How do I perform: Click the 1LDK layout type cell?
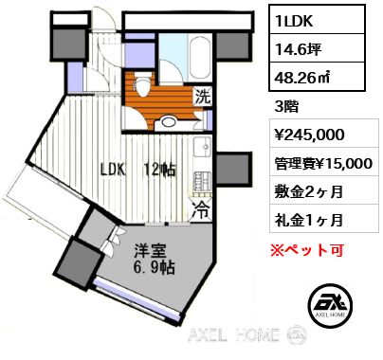pos(317,20)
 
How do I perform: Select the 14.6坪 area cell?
pos(317,48)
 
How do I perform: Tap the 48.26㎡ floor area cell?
pos(317,77)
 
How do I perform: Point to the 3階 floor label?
pos(286,107)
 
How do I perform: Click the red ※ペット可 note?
pos(307,250)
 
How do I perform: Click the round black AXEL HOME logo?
pos(330,305)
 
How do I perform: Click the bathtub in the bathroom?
pos(199,58)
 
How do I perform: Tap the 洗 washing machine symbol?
pos(202,97)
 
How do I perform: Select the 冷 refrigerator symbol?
pos(201,209)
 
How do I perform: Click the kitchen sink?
pos(202,147)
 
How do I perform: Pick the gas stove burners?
pos(202,182)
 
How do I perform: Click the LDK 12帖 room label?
pos(138,170)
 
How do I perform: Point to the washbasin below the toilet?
pos(168,122)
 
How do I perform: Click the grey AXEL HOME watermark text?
pos(233,334)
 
